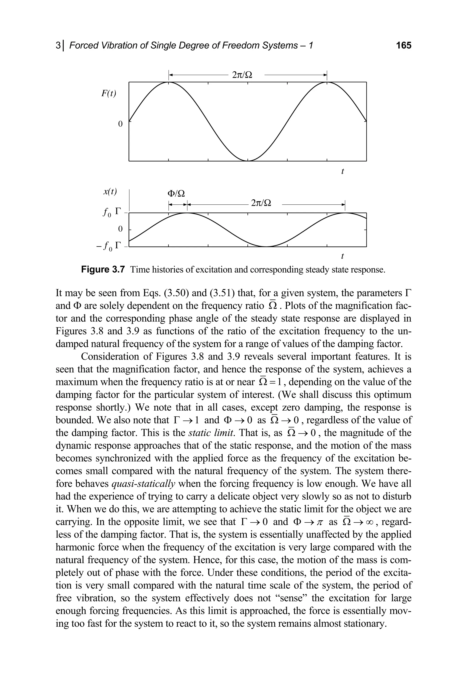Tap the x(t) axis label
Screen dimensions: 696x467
(110, 192)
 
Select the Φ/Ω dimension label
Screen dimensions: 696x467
(176, 194)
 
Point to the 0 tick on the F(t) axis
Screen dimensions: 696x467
(120, 124)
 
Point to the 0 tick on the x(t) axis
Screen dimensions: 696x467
(120, 229)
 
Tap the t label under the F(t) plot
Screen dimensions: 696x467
(342, 171)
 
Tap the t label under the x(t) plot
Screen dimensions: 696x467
(342, 256)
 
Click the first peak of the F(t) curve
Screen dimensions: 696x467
(169, 83)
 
